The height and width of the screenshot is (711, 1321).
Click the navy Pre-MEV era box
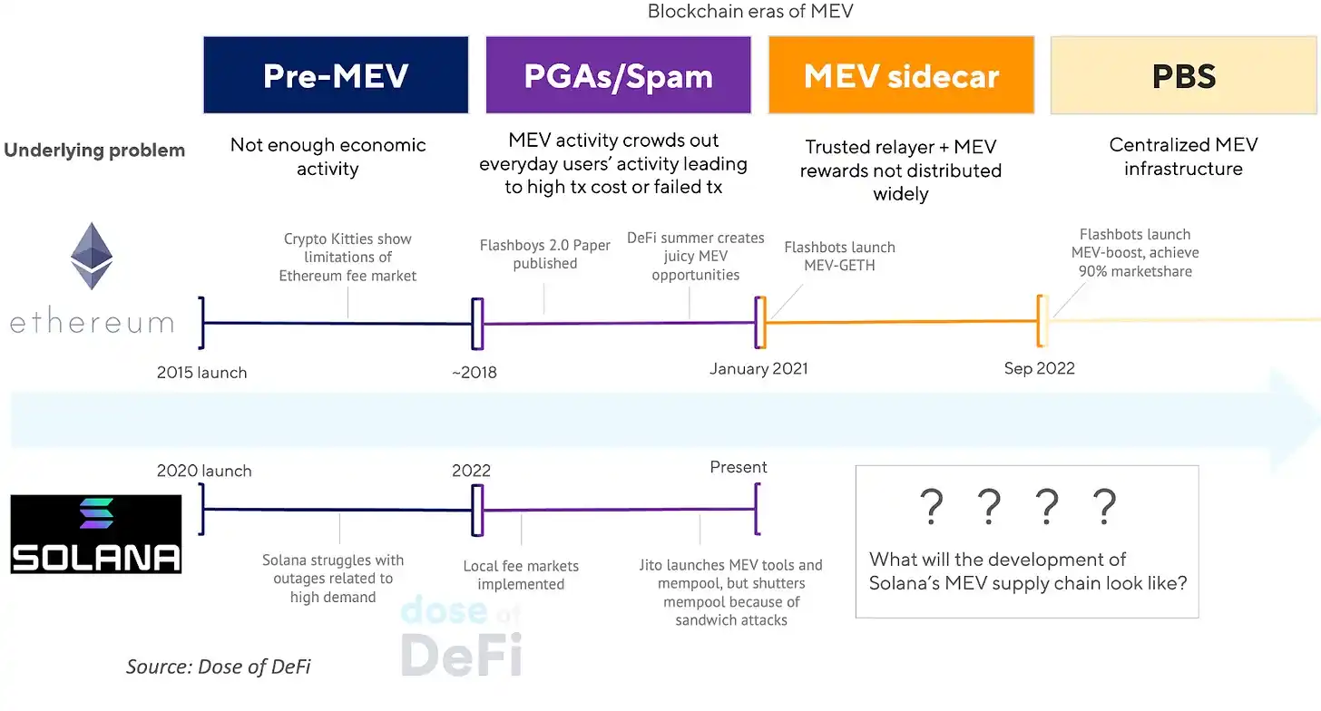[336, 75]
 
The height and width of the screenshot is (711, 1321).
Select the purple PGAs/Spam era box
[618, 75]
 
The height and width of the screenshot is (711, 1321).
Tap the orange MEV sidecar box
[901, 75]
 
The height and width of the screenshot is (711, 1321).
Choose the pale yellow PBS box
[1183, 75]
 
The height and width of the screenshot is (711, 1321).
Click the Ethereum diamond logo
[92, 257]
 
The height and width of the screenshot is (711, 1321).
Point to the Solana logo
[96, 533]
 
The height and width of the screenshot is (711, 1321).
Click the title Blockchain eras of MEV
[749, 12]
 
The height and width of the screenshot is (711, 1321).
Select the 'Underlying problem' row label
[94, 151]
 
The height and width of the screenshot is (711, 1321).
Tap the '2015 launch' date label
[201, 372]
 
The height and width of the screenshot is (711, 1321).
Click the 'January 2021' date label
[758, 368]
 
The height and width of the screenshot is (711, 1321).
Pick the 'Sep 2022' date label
[1039, 368]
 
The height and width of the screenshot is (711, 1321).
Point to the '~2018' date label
[475, 372]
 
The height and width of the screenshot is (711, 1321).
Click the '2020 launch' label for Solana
[204, 471]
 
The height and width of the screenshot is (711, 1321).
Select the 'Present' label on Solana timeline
[739, 467]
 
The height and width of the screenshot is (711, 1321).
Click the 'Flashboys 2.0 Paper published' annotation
[544, 255]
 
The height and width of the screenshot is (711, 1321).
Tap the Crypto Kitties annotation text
[347, 257]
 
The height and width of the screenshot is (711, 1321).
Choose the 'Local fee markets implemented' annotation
[521, 575]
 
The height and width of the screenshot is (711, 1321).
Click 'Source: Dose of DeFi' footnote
[218, 667]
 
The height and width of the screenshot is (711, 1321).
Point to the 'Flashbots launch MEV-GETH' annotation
[839, 256]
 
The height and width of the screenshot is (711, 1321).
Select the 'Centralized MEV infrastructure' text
[1183, 156]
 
